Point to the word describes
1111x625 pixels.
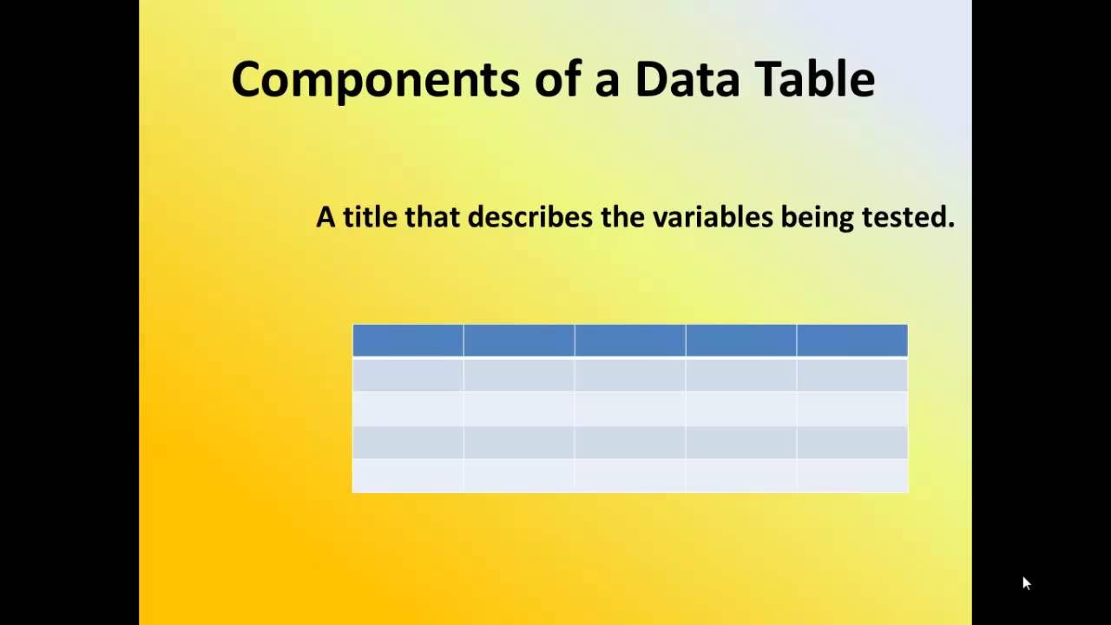pos(530,216)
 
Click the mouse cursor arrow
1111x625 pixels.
pos(1026,582)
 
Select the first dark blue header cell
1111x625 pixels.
pos(408,340)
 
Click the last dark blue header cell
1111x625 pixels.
pos(851,340)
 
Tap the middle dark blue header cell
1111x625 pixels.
pos(630,340)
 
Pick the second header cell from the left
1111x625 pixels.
pos(519,340)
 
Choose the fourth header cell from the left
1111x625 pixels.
pos(741,340)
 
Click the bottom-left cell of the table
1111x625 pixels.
pos(408,476)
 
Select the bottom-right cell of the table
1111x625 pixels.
pos(851,476)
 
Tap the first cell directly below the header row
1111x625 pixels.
pos(408,374)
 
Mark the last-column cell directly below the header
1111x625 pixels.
pos(851,374)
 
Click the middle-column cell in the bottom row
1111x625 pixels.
pos(630,476)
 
